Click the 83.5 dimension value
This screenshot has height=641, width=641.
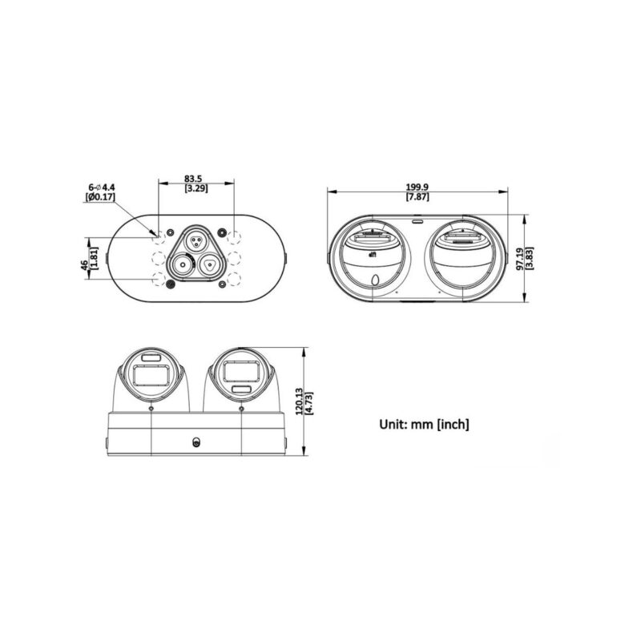tap(196, 178)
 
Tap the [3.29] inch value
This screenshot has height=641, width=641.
tap(196, 188)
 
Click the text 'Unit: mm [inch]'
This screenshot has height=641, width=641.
tap(424, 423)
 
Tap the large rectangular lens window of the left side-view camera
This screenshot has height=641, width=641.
tap(151, 374)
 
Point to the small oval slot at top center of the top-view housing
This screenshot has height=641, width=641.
tap(417, 220)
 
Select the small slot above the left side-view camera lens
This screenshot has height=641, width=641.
tap(151, 357)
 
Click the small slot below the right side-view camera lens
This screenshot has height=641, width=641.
tap(241, 389)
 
